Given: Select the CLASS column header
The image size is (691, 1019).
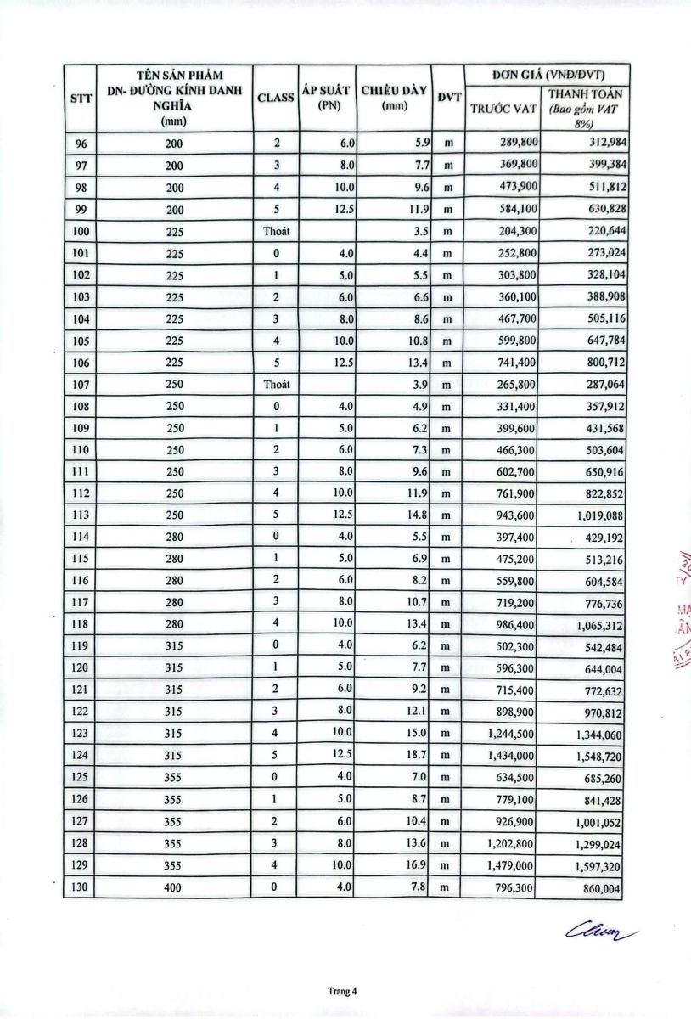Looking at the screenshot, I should pyautogui.click(x=276, y=98).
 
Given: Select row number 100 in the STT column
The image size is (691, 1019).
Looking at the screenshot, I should pyautogui.click(x=81, y=231).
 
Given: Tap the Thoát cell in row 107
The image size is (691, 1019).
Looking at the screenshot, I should pyautogui.click(x=276, y=384).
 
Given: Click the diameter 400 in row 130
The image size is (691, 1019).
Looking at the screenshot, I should pyautogui.click(x=176, y=888).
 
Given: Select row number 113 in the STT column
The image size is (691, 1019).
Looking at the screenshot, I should pyautogui.click(x=81, y=515).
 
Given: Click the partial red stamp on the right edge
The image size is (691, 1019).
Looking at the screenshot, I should pyautogui.click(x=682, y=611).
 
